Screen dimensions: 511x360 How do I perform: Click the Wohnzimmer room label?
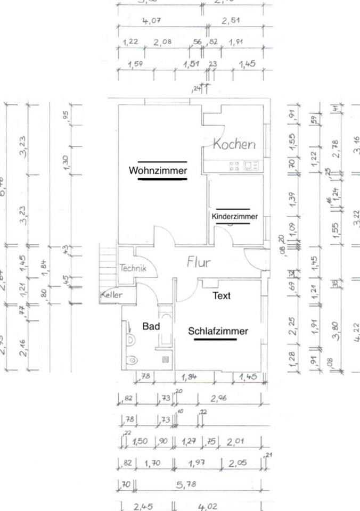tap(158, 171)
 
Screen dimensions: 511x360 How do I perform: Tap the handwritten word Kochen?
tap(234, 144)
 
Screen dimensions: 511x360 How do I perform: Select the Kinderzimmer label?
tap(234, 217)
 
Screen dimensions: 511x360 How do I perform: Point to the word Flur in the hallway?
tap(199, 262)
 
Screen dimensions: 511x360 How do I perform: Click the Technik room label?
tap(133, 268)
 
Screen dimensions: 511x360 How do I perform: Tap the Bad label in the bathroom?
tap(151, 325)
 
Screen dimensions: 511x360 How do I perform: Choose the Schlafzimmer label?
tap(218, 331)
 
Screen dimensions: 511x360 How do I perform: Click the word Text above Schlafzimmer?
tap(222, 295)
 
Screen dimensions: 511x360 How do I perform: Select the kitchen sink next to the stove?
tap(251, 166)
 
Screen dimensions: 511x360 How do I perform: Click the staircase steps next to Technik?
tap(109, 266)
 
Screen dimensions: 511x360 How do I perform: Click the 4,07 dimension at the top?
tap(151, 21)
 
